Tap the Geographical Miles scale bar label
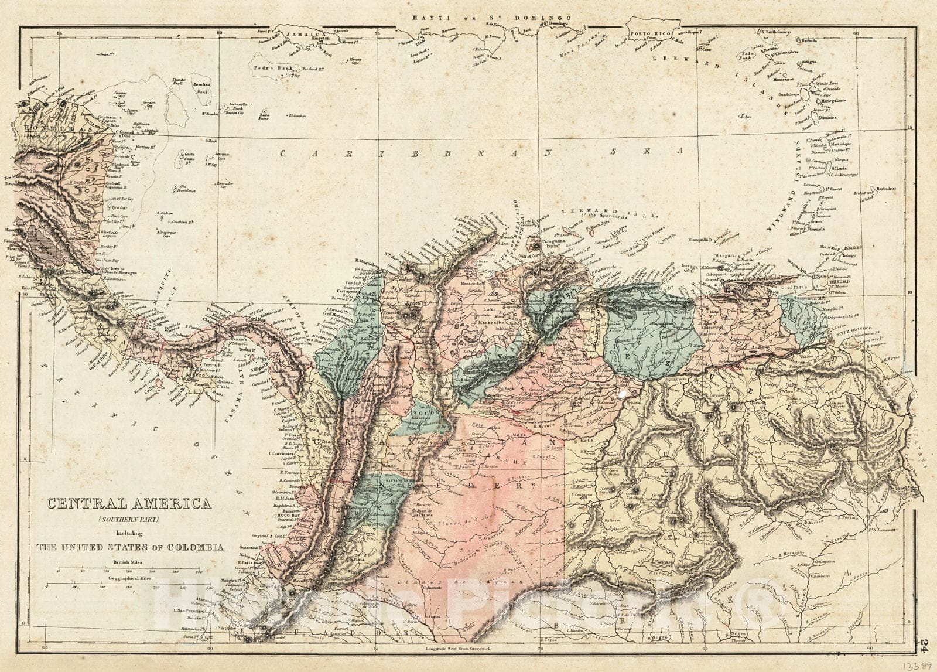tap(129, 578)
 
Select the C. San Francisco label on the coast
tap(191, 611)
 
